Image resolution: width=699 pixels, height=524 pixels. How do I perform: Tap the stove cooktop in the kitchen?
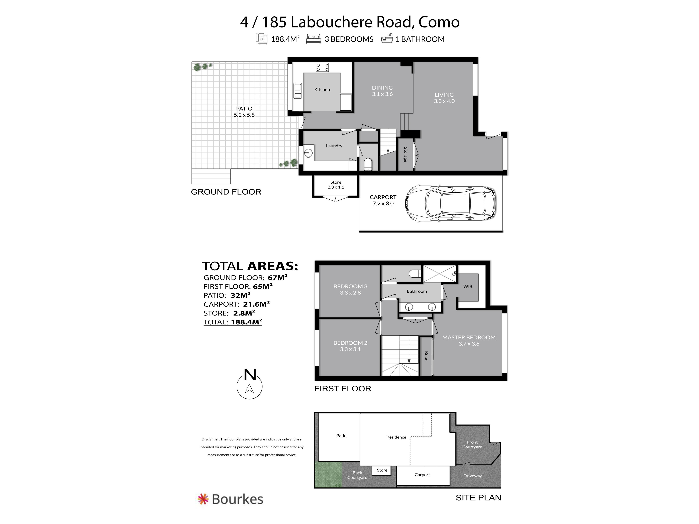coord(322,67)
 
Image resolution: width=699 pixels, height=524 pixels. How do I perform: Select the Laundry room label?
coord(334,146)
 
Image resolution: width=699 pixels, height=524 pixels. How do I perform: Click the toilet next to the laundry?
coord(368,164)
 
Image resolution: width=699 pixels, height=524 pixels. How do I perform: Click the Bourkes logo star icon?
coord(203,499)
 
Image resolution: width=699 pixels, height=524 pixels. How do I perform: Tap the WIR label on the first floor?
coord(468,287)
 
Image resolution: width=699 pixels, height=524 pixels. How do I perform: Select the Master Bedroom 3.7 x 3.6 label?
coord(469,340)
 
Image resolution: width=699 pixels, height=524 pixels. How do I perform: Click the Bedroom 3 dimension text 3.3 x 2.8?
coord(350,293)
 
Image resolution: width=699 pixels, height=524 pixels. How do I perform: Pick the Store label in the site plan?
coord(382,470)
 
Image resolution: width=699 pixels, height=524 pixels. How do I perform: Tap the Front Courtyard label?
coord(472,444)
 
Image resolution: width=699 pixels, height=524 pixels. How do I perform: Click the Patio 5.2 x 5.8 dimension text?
coord(244,115)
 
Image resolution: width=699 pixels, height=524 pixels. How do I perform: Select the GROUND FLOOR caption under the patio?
coord(226,192)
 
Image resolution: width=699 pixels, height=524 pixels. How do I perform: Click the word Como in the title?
coord(439,22)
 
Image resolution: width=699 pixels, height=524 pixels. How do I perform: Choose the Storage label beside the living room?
coord(405,154)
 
